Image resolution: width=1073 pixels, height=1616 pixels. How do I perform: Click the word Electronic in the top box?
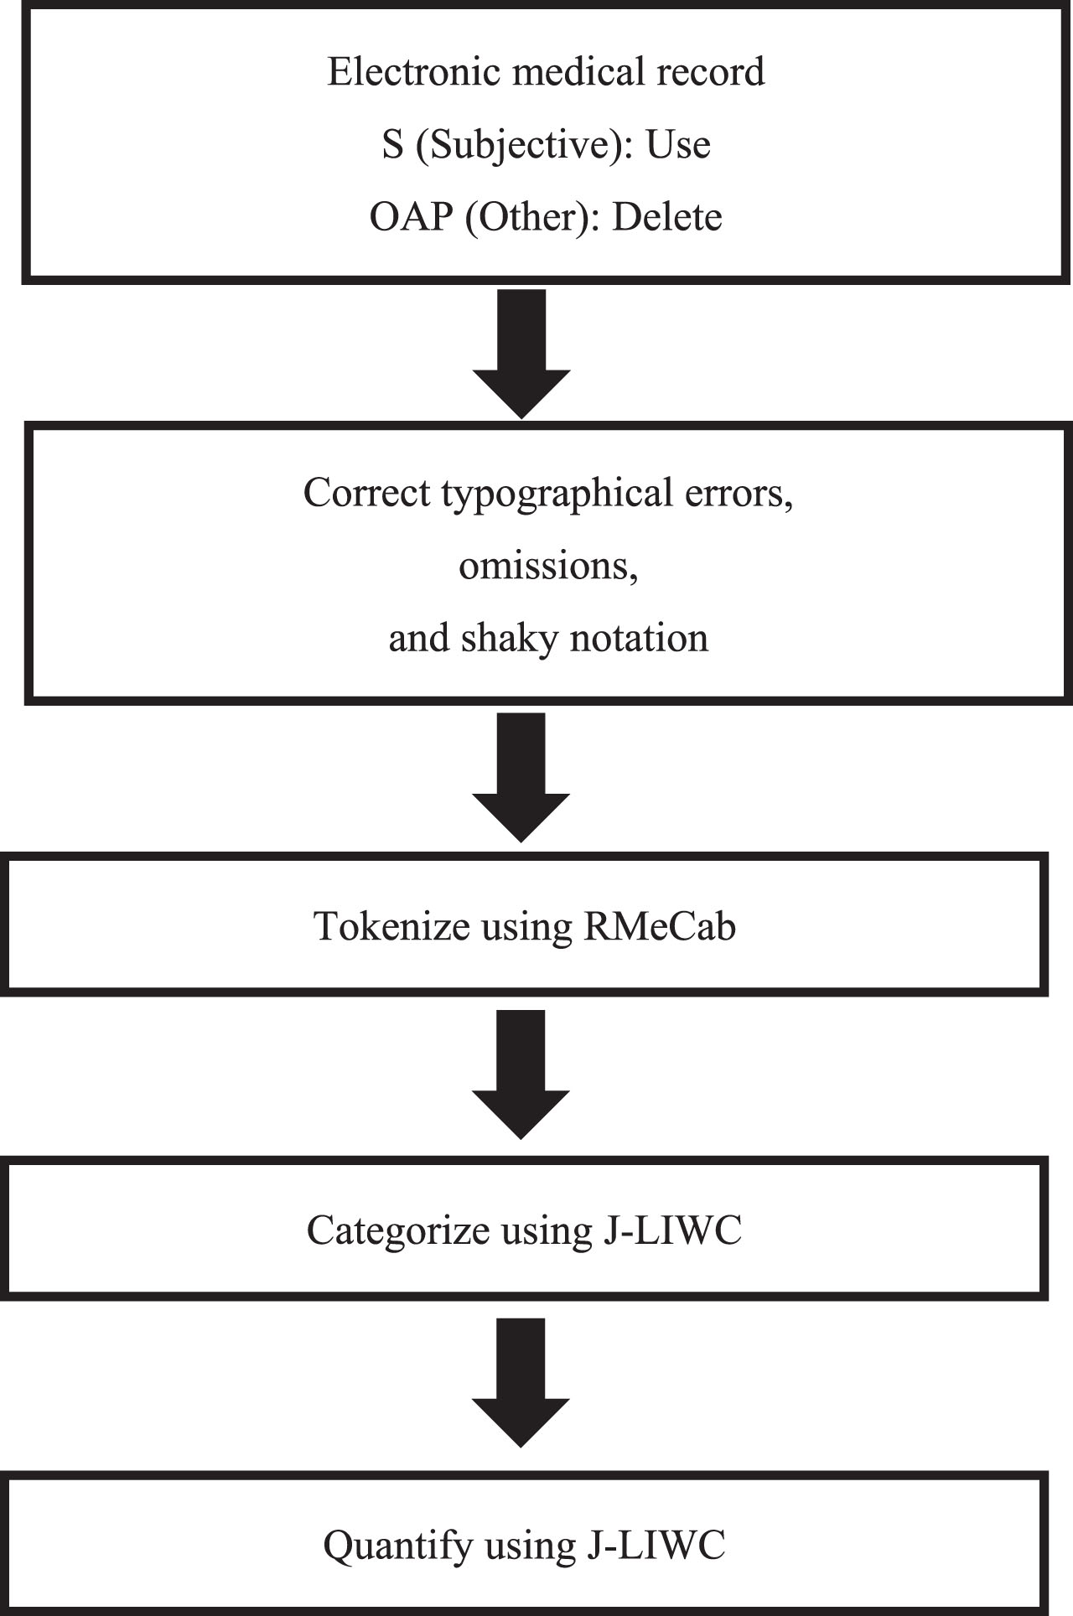tap(415, 71)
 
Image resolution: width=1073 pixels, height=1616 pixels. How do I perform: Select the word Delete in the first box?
tap(667, 217)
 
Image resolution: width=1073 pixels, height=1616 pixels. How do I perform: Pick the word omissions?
tap(548, 566)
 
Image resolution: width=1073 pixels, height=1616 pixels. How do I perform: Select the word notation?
tap(639, 639)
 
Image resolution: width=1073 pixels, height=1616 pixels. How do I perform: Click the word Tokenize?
tap(391, 926)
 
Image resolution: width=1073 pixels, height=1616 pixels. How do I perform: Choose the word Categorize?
tap(398, 1230)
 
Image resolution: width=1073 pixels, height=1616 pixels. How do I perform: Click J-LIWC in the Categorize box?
tap(671, 1230)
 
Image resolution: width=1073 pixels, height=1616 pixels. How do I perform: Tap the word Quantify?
tap(398, 1545)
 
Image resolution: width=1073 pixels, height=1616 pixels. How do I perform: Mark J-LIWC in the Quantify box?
tap(654, 1545)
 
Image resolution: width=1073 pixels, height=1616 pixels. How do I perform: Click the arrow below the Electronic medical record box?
tap(521, 354)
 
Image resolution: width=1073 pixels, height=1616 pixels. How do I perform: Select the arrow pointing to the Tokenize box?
tap(521, 778)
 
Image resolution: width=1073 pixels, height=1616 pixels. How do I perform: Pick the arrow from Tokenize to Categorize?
tap(521, 1075)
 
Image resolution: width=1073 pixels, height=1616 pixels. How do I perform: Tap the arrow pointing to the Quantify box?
tap(521, 1383)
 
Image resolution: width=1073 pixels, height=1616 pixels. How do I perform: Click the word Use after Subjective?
tap(678, 145)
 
